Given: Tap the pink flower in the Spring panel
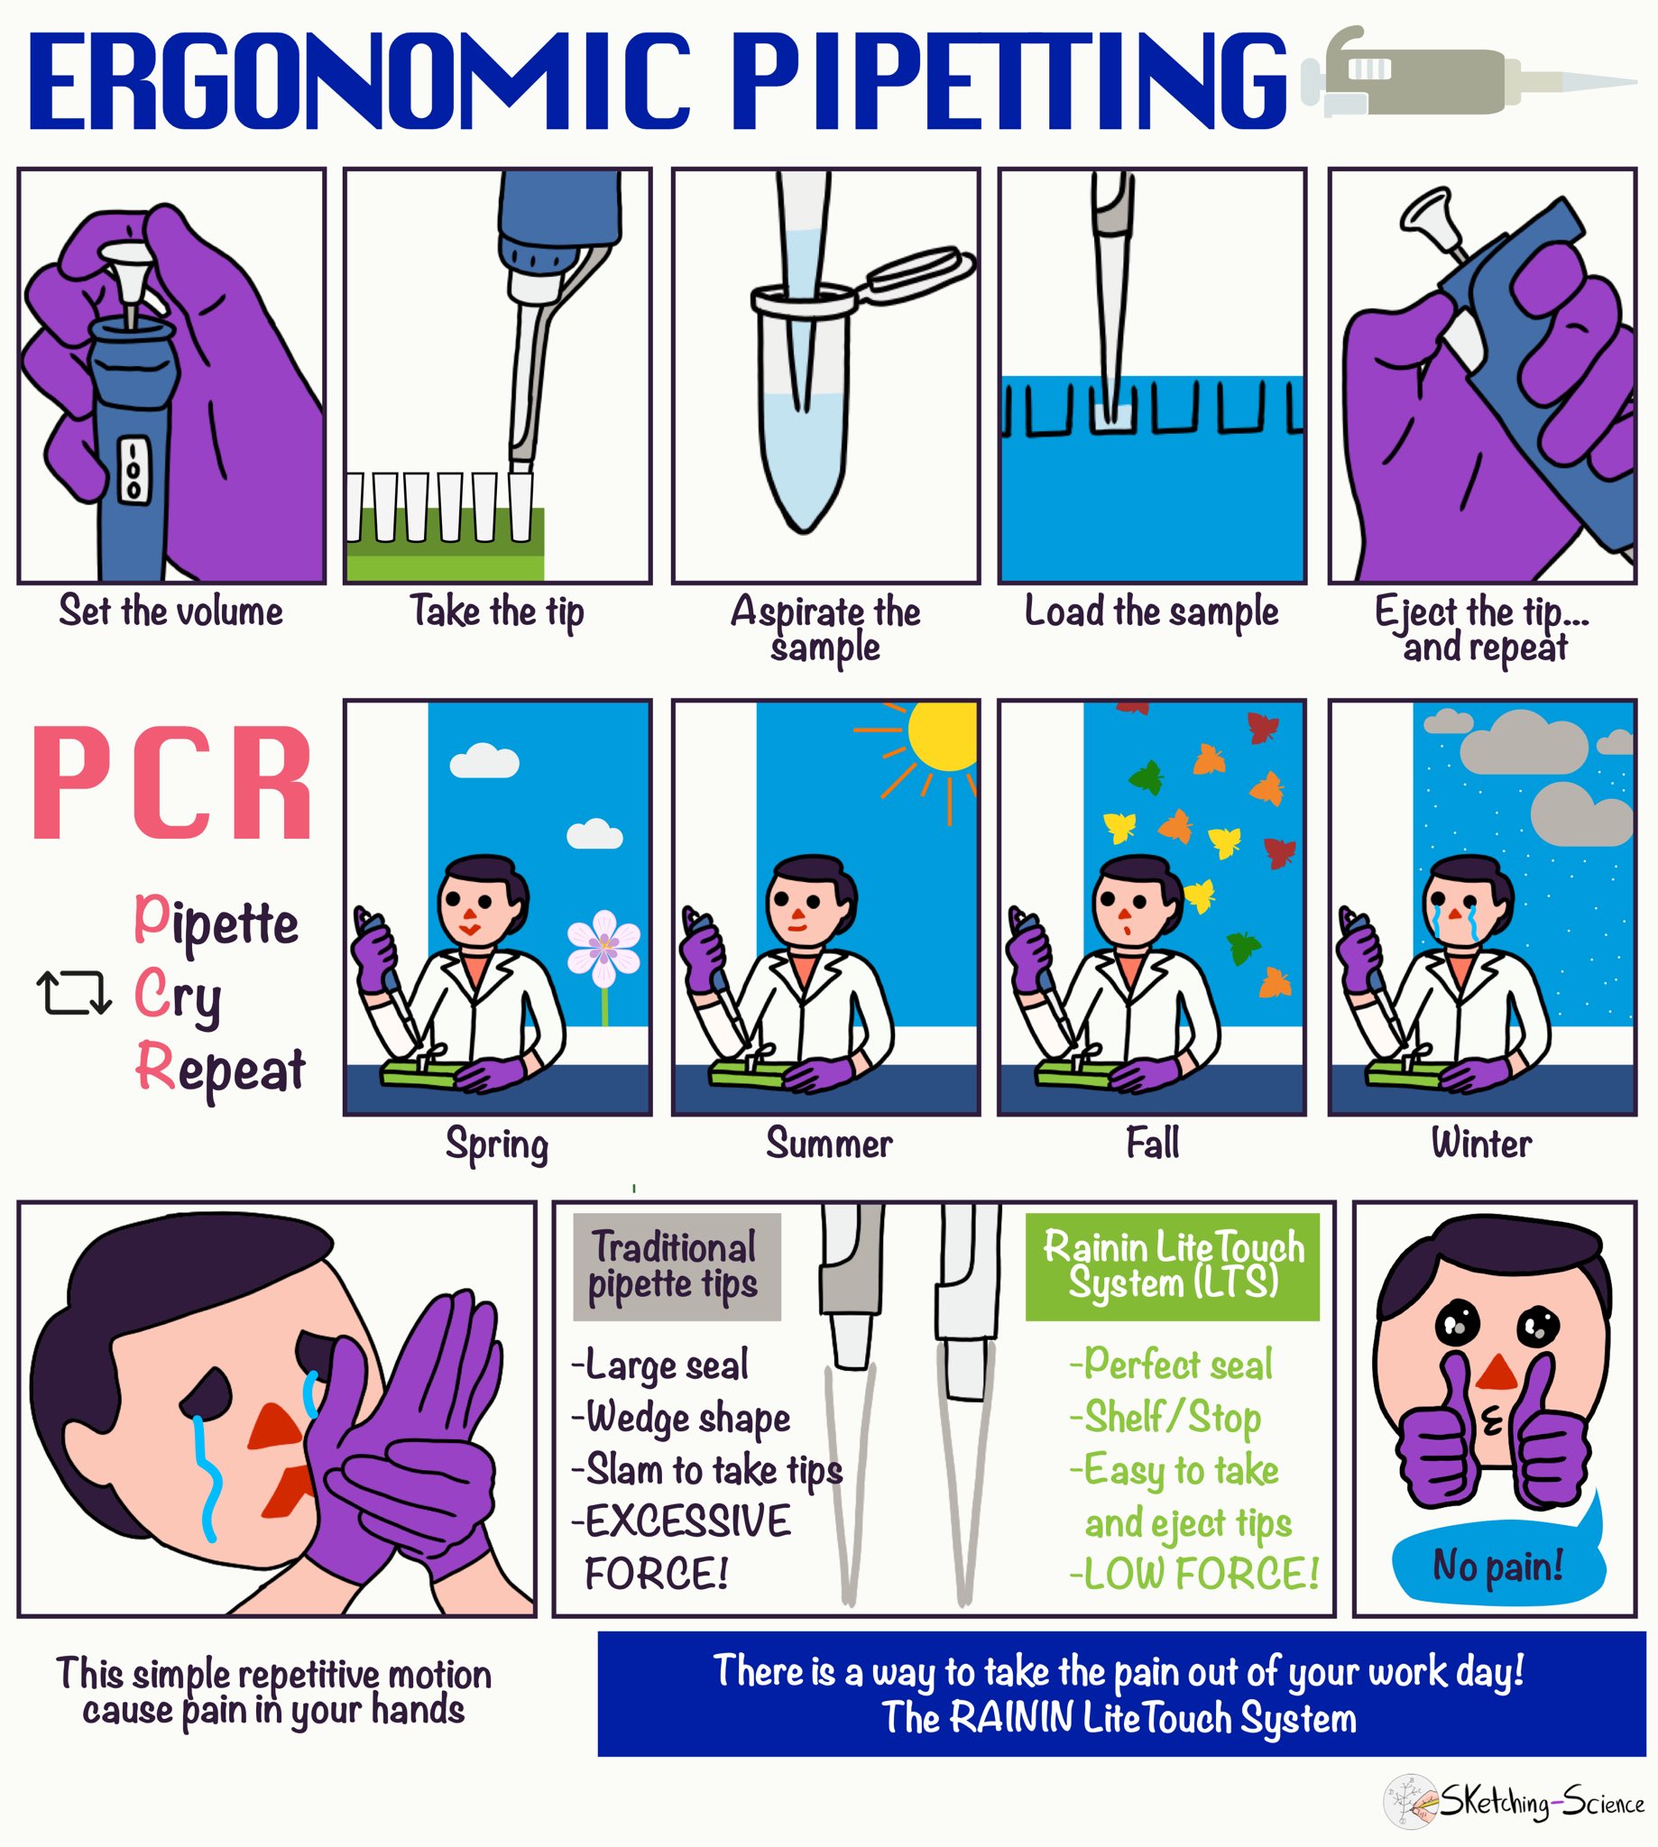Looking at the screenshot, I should [x=603, y=948].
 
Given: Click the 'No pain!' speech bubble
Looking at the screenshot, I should [x=1497, y=1566].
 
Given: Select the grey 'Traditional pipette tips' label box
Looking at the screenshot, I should [x=676, y=1266].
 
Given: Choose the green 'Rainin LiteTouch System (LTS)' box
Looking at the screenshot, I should [x=1173, y=1266].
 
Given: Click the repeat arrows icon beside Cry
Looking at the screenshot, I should [x=74, y=993].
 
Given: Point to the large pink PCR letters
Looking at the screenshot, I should [x=173, y=783].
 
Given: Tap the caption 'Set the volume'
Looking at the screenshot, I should [x=171, y=611].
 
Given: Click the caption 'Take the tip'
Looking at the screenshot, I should [x=496, y=611].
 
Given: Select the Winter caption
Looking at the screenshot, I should [x=1481, y=1143].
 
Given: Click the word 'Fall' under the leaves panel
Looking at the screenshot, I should [x=1153, y=1143].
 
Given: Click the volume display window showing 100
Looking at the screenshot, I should [x=134, y=472].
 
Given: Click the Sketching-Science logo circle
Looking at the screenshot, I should [x=1410, y=1800].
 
